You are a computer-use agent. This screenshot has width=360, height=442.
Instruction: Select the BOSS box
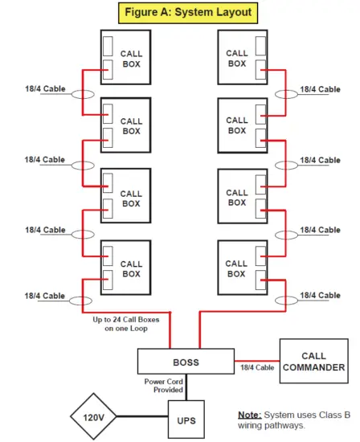coord(186,362)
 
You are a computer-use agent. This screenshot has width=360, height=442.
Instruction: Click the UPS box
coord(186,419)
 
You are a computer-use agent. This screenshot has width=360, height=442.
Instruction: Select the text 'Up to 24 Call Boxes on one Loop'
coord(126,324)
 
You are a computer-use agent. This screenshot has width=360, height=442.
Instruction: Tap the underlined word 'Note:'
coord(253,415)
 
